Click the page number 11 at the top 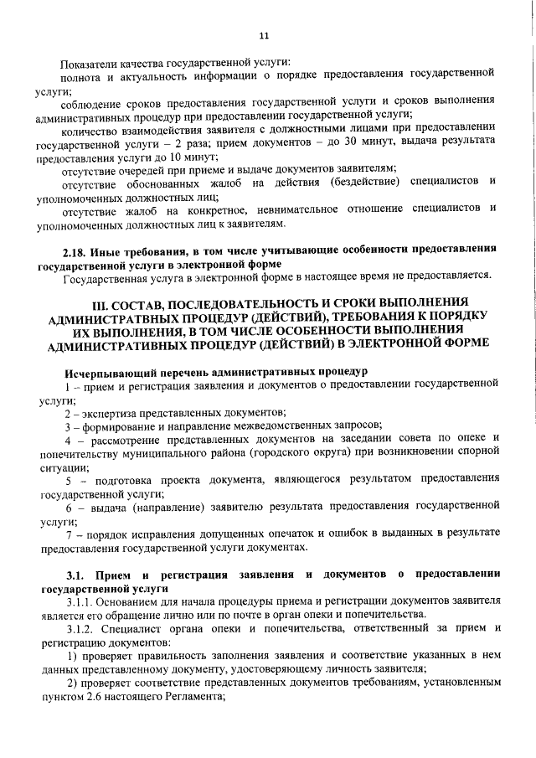point(264,37)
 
